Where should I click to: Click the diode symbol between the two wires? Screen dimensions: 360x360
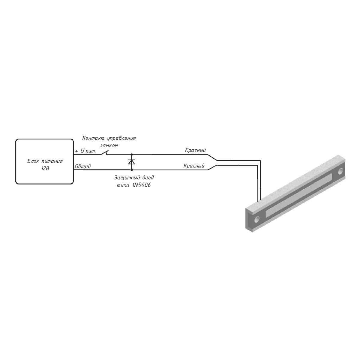coord(132,162)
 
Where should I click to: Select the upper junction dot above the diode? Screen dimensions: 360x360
coord(132,154)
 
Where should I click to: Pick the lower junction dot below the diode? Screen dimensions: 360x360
coord(132,170)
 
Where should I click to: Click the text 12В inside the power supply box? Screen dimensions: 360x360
coord(45,169)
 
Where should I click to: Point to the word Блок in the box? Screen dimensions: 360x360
coord(33,161)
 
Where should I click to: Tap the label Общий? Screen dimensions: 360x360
coord(83,166)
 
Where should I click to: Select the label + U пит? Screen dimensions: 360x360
coord(85,151)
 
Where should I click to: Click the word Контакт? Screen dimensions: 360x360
coord(93,138)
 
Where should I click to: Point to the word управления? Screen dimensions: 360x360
coord(121,139)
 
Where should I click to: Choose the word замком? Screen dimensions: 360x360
coord(109,145)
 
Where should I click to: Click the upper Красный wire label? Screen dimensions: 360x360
coord(195,150)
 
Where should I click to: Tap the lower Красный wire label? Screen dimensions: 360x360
coord(194,166)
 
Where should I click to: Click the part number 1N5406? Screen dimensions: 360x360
coord(142,185)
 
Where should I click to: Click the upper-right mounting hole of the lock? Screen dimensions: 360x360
coord(340,171)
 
